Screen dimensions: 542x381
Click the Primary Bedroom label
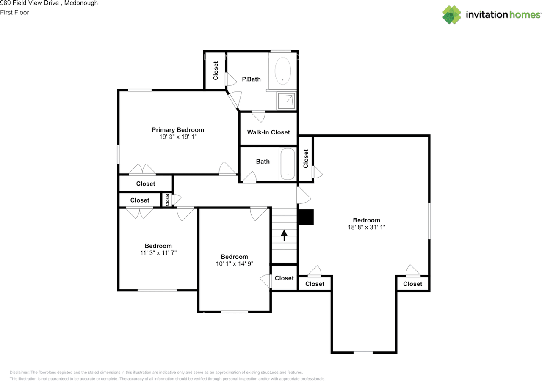coord(178,130)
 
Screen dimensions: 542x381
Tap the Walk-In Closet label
coord(268,132)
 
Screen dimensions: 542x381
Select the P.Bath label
coord(251,79)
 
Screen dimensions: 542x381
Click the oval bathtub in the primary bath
coord(282,71)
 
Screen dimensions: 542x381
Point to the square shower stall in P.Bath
coord(287,101)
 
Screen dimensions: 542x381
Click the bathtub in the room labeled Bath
coord(288,164)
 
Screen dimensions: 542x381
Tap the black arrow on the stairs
coord(284,235)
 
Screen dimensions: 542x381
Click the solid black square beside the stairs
coord(306,217)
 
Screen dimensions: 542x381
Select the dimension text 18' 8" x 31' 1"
coord(366,227)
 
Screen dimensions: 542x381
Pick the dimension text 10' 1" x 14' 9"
coord(235,263)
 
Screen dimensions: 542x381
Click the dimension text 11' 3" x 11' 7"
coord(158,253)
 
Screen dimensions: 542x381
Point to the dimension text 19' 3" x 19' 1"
coord(178,137)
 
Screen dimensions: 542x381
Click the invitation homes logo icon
coord(451,15)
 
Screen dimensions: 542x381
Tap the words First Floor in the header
coord(14,12)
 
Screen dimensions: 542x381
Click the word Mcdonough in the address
coord(81,3)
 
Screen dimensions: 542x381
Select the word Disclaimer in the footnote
coord(19,372)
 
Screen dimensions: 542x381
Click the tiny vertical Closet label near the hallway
coord(167,200)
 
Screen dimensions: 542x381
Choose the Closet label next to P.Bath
coord(216,70)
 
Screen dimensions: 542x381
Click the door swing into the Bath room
coord(249,176)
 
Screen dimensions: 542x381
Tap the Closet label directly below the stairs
coord(284,278)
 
